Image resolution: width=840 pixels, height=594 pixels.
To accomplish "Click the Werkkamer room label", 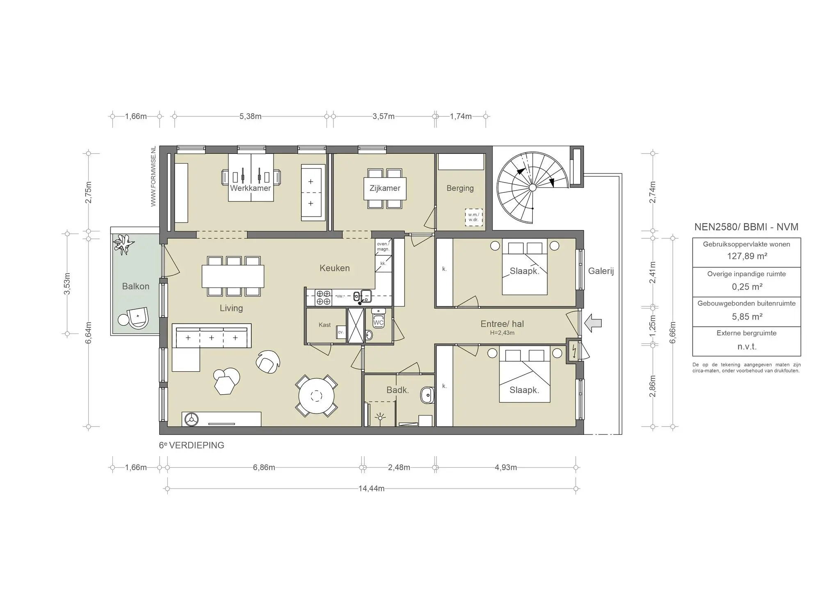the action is point(250,188).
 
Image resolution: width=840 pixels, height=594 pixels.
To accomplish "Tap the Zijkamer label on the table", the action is point(385,188).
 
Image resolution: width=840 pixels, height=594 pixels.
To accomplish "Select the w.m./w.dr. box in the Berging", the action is point(473,217).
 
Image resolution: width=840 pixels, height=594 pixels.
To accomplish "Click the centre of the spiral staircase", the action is point(532,187).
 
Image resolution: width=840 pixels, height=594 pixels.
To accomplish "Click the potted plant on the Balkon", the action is point(124,245).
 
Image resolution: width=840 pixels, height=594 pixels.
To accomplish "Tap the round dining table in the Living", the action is point(316,396).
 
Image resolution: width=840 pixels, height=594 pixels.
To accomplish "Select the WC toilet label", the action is point(378,322).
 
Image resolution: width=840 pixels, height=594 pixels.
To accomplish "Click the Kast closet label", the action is point(324,325).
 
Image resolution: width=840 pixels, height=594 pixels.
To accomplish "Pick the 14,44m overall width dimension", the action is point(371,489).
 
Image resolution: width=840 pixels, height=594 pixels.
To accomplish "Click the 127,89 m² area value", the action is point(746,256).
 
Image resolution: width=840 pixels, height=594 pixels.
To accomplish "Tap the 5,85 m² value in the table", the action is point(747,317).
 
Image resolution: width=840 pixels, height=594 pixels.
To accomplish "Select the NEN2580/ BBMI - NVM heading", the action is point(746,227).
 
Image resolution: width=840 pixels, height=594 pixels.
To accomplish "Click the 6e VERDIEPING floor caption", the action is point(192,445).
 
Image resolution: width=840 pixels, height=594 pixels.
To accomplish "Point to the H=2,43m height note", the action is point(502,333).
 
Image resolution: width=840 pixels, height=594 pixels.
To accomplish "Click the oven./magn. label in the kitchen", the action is point(383,247).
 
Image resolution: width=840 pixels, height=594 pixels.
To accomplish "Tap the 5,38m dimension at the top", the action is point(250,116).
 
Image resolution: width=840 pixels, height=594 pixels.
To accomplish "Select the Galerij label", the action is point(601,271).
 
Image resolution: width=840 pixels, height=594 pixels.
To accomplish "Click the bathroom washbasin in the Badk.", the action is point(427,395).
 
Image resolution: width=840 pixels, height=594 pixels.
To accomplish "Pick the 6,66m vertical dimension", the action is point(672,332).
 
